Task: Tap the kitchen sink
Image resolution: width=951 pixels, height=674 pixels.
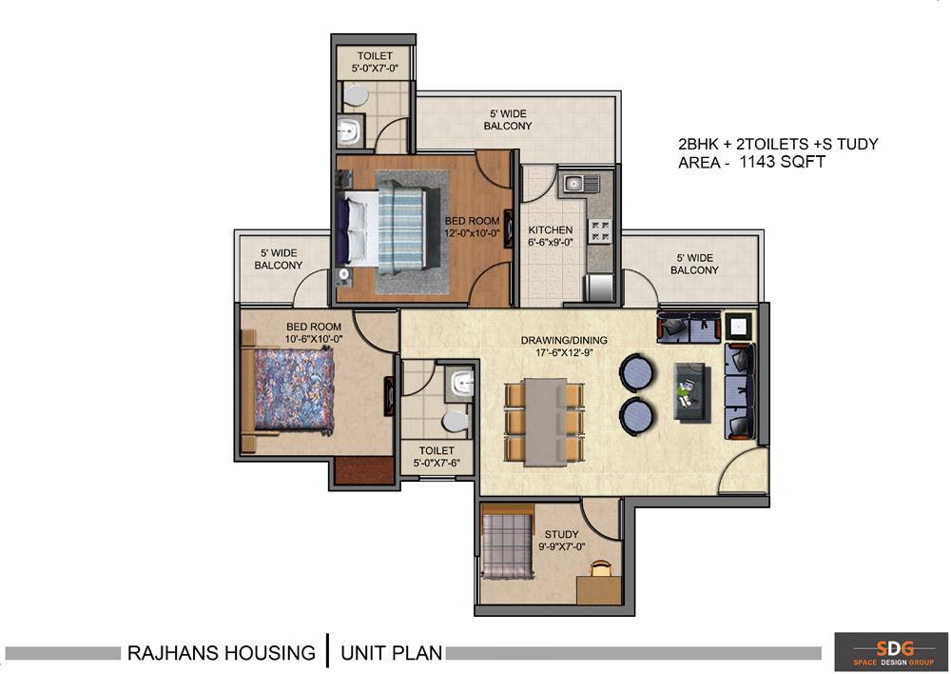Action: (580, 183)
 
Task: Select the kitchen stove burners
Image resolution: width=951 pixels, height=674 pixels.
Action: (601, 230)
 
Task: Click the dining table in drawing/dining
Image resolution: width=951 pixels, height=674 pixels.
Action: (545, 422)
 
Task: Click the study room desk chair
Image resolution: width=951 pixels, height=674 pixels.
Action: (600, 567)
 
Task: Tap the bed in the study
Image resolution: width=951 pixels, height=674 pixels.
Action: (508, 546)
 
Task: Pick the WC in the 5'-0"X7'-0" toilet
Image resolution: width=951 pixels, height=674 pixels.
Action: (356, 95)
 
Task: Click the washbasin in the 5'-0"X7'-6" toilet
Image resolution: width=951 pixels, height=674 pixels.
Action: (463, 384)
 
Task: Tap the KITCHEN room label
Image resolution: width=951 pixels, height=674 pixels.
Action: (550, 230)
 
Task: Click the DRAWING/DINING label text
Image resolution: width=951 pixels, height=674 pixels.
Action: (564, 340)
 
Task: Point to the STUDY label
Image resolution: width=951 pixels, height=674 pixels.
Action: (561, 534)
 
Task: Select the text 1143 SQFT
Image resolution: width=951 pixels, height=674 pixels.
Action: (783, 162)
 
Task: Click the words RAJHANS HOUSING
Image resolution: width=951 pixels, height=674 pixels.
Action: (222, 653)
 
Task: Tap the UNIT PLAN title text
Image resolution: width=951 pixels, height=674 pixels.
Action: (391, 653)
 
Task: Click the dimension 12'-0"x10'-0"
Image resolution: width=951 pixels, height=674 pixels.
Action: (472, 233)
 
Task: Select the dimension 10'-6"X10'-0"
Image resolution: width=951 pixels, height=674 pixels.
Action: (314, 339)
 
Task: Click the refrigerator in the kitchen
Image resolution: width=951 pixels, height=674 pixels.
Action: (598, 287)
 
